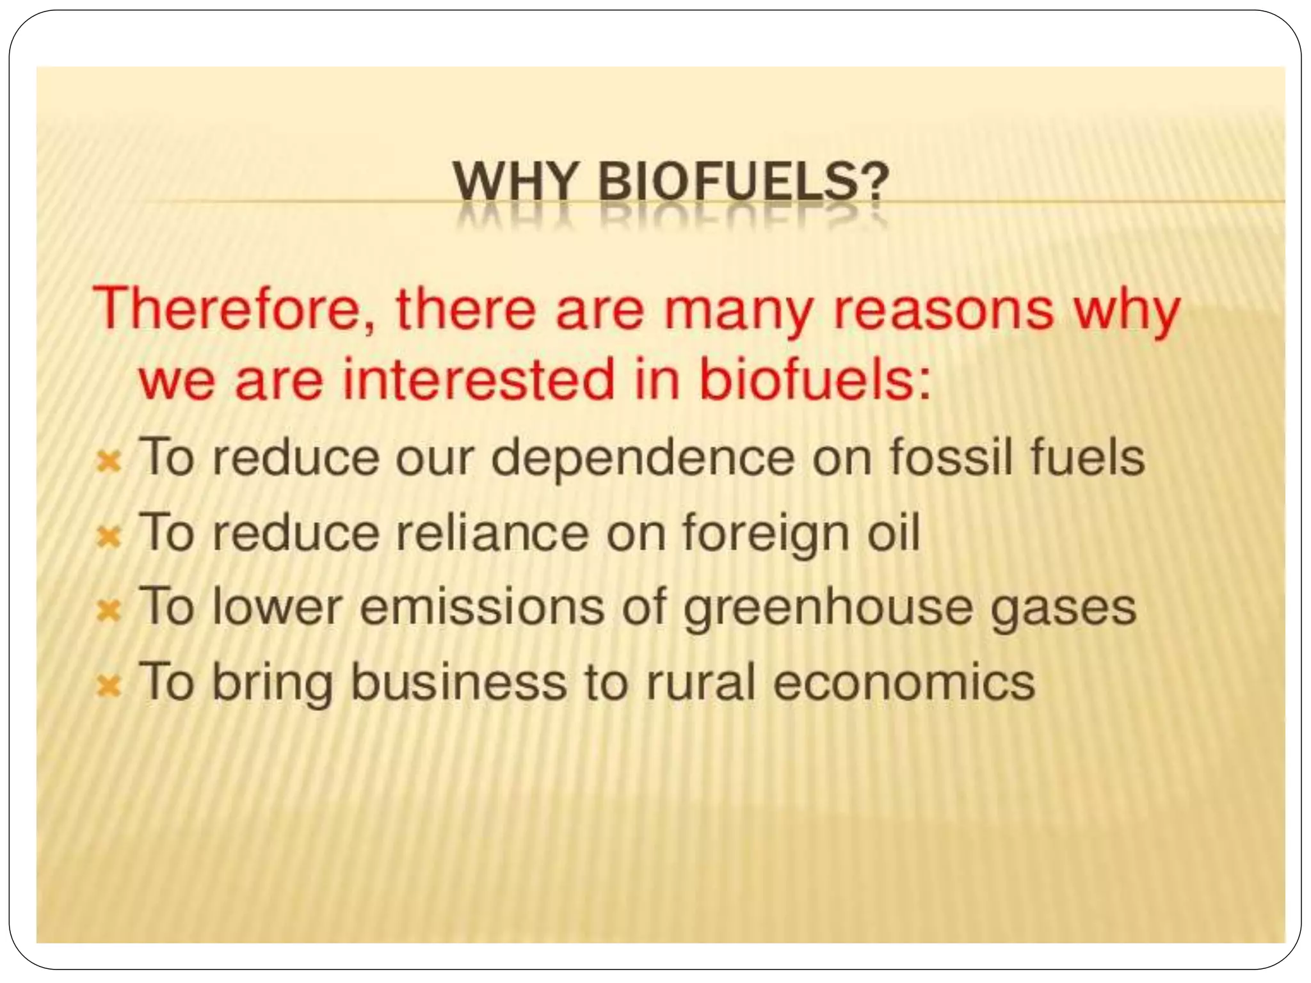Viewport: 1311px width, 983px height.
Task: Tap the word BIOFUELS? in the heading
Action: coord(743,182)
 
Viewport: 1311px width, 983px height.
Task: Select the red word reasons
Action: coord(943,309)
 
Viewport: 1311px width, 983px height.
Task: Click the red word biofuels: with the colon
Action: coord(814,380)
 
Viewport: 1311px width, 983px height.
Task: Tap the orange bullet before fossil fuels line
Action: coord(109,461)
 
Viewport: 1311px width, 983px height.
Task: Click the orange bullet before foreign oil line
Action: coord(109,536)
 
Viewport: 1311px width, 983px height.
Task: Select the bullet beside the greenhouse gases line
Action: coord(109,611)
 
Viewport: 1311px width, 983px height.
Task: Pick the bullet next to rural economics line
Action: coord(109,686)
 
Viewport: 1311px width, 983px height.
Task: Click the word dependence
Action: coord(643,458)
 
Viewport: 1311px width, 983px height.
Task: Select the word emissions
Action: coord(481,607)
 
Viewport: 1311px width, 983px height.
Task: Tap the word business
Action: coord(458,681)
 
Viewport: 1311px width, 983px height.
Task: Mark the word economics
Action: coord(903,682)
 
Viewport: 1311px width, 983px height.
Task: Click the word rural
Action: coord(702,682)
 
